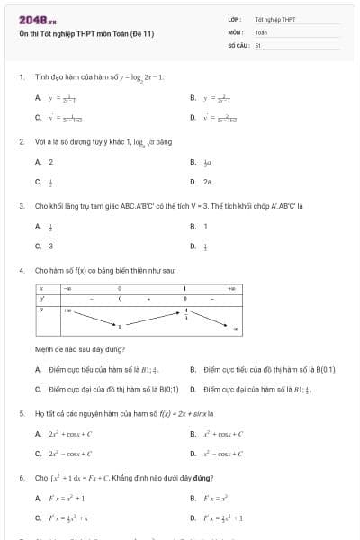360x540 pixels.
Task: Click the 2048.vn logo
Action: coord(37,20)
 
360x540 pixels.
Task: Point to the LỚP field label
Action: coord(233,19)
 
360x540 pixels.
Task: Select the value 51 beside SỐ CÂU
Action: coord(257,43)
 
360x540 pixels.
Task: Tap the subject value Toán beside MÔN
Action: coord(261,31)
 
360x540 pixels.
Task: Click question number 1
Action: coord(21,77)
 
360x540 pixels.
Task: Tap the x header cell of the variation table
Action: coord(41,288)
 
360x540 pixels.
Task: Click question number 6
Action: coord(21,477)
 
